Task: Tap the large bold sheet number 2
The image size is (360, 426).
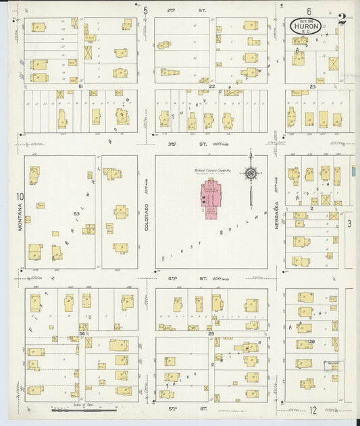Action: tap(342, 20)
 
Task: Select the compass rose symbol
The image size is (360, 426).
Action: tap(251, 174)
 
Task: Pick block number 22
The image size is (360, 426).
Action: tap(211, 86)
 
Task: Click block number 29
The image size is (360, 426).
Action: tap(211, 334)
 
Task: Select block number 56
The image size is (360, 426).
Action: tap(82, 334)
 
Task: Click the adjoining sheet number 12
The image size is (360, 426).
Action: tap(313, 410)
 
